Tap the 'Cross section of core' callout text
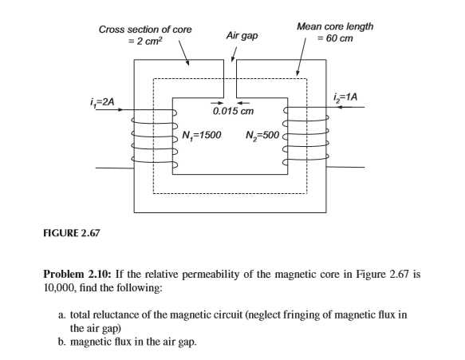(144, 29)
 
